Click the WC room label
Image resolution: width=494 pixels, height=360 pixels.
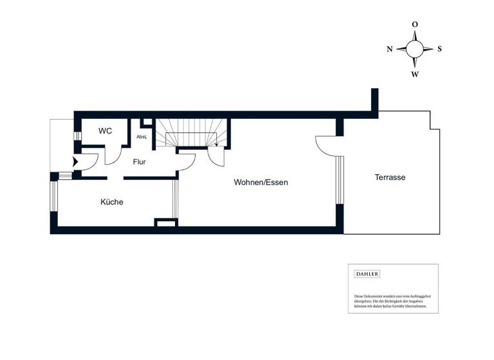click(x=105, y=131)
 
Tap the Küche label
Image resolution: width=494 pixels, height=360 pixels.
click(x=111, y=202)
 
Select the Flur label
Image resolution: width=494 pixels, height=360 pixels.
click(x=140, y=162)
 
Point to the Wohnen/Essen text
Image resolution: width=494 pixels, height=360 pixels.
click(x=261, y=183)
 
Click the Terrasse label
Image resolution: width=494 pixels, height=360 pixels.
click(x=390, y=177)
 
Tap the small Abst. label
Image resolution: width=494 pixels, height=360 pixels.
click(x=142, y=137)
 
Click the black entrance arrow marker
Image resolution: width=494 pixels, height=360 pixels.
click(x=76, y=162)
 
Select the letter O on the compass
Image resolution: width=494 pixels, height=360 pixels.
click(x=415, y=24)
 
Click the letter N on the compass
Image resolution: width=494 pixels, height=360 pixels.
click(x=390, y=49)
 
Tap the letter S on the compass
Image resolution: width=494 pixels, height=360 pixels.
click(x=439, y=49)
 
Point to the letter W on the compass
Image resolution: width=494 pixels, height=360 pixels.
click(x=415, y=74)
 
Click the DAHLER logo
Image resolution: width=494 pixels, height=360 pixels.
click(x=367, y=274)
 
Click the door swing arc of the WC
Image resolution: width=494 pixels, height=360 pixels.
click(x=113, y=157)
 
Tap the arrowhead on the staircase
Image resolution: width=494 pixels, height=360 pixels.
click(x=217, y=145)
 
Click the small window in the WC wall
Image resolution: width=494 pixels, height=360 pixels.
click(x=77, y=136)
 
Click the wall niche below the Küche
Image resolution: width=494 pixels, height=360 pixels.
click(x=165, y=222)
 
